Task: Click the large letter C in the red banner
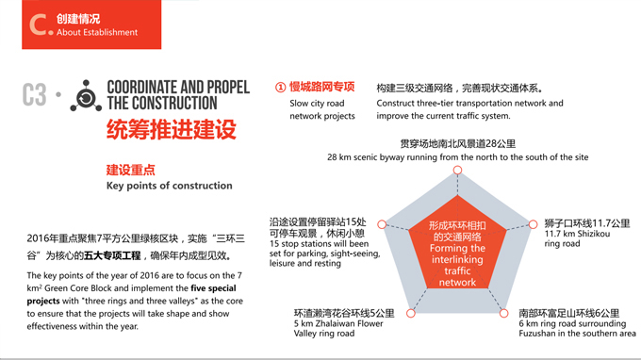tap(39, 25)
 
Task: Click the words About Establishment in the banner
tap(97, 32)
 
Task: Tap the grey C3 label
tap(35, 95)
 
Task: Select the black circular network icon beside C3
tap(86, 95)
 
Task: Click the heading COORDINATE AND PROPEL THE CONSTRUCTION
tap(178, 95)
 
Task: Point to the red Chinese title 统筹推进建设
tap(171, 130)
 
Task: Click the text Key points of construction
tap(169, 186)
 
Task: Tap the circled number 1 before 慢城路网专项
tap(280, 87)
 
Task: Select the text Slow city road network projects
tap(322, 109)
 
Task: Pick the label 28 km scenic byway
tap(458, 156)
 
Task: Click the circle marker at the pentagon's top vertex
tap(458, 171)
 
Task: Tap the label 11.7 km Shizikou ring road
tap(577, 238)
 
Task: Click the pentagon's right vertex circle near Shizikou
tap(534, 224)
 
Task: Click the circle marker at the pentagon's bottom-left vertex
tap(411, 313)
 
